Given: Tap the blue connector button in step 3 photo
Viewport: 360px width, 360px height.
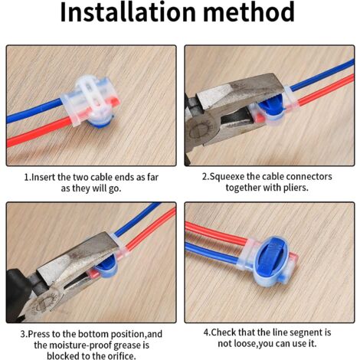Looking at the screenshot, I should (108, 264).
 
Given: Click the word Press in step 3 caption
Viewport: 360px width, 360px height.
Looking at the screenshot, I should (41, 333).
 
